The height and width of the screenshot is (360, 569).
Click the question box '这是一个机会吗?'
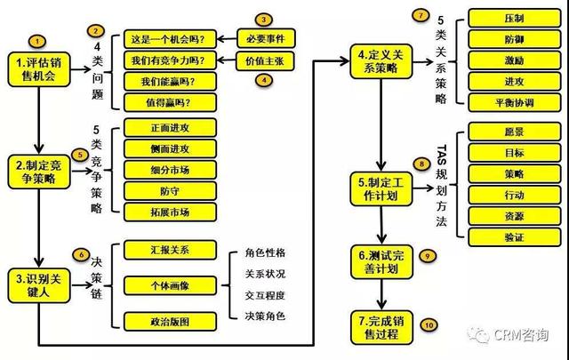tap(170, 38)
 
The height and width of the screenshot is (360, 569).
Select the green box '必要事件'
tap(267, 38)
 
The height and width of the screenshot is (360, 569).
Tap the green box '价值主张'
tap(267, 60)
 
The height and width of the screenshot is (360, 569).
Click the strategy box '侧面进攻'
tap(170, 148)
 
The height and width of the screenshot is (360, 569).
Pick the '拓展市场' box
tap(170, 211)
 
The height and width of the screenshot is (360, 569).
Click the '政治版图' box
tap(170, 320)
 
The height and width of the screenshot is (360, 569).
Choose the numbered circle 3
tap(263, 19)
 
